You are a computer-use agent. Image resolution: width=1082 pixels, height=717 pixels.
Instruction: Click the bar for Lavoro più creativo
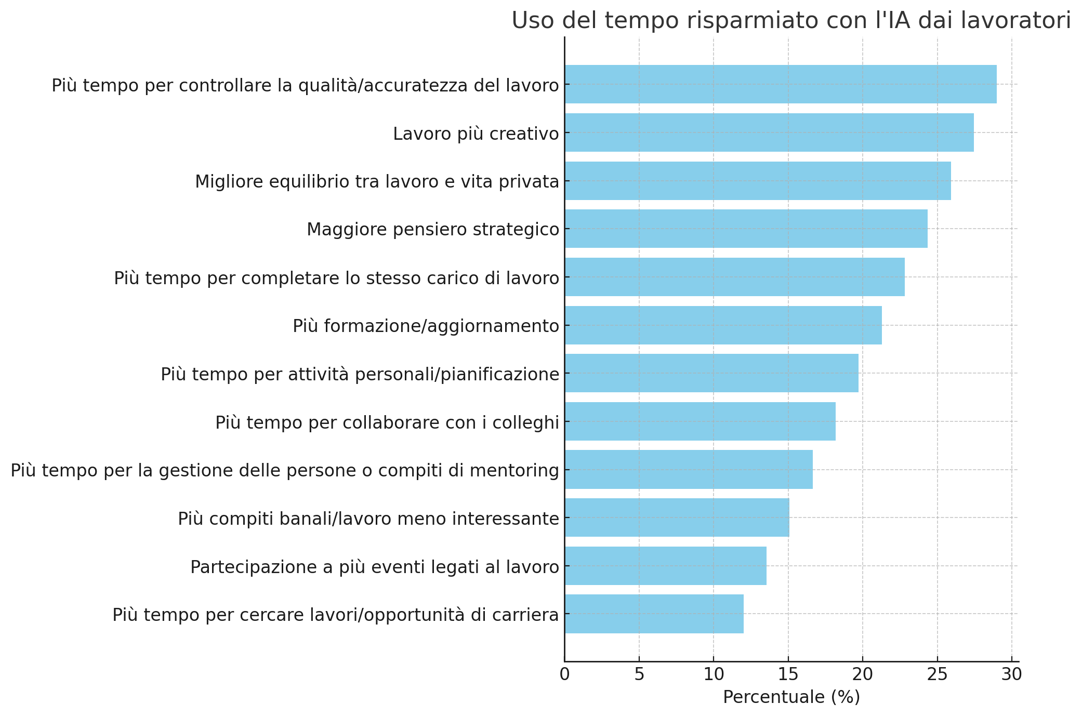coord(769,132)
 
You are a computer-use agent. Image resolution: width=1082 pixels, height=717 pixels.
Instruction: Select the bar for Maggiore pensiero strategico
coord(746,229)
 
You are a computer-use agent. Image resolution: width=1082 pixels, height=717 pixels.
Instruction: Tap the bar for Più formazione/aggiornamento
coord(723,325)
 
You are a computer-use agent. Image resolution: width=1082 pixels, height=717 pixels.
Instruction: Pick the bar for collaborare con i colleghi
coord(700,421)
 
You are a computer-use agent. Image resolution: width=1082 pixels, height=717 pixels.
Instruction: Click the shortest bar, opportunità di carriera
coord(654,614)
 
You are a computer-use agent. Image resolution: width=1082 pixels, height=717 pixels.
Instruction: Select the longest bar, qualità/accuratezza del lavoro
coord(781,84)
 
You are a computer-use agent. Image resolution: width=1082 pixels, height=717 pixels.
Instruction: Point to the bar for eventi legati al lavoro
coord(665,566)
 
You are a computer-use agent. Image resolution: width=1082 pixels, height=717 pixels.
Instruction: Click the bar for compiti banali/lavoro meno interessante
coord(677,517)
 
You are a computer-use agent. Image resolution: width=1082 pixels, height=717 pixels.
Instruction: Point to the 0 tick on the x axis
coord(564,674)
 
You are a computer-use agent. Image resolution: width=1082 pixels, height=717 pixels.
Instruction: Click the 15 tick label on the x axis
coord(788,674)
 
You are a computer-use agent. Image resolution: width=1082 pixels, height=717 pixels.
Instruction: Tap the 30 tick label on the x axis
coord(1012,674)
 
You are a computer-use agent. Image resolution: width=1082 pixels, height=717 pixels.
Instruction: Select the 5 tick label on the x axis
coord(639,674)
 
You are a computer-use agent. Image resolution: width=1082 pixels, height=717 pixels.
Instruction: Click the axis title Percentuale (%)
coord(791,697)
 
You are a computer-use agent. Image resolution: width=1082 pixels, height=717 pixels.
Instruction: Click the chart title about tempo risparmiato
coord(791,21)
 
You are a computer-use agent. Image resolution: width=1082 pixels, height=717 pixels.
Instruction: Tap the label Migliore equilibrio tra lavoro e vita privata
coord(377,182)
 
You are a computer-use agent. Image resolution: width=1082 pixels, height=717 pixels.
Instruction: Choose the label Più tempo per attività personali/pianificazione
coord(360,374)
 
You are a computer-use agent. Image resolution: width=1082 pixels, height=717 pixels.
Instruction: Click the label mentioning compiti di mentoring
coord(285,470)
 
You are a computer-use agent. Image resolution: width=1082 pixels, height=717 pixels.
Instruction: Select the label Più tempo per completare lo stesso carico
coord(336,278)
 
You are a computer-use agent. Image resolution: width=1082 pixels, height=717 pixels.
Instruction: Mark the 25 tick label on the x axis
coord(937,674)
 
